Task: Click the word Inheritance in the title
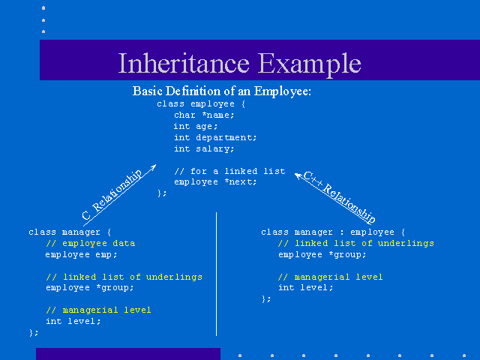[x=184, y=63]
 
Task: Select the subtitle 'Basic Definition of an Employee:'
[x=222, y=91]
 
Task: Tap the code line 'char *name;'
[x=204, y=115]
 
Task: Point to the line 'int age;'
[x=196, y=127]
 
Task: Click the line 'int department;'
[x=215, y=138]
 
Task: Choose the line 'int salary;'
[x=204, y=148]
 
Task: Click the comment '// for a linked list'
[x=229, y=171]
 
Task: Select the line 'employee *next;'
[x=215, y=182]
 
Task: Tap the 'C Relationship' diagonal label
[x=112, y=195]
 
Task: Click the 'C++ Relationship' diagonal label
[x=339, y=197]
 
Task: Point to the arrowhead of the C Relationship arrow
[x=156, y=165]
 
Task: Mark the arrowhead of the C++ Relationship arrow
[x=295, y=174]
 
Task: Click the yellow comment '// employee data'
[x=91, y=243]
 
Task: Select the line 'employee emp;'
[x=82, y=255]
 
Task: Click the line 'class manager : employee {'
[x=333, y=232]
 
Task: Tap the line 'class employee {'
[x=201, y=104]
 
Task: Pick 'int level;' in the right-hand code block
[x=305, y=288]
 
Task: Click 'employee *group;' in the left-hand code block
[x=90, y=288]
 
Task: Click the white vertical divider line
[x=217, y=274]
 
